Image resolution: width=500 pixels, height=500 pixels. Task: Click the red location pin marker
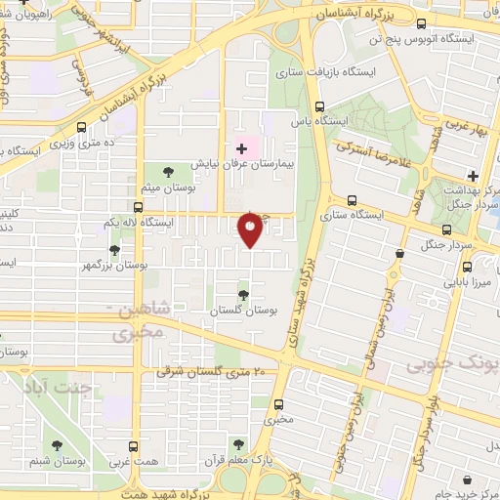250,229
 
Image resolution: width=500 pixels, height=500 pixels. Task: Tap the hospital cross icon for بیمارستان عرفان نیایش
241,148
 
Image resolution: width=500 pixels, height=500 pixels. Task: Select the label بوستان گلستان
242,310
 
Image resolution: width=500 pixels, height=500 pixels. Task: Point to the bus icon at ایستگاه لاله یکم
137,207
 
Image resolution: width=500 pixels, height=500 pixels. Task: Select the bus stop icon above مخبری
280,403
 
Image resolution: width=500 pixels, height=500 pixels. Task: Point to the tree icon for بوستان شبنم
61,441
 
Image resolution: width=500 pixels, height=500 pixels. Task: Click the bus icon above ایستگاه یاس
319,106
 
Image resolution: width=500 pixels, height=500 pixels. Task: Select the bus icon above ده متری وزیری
81,128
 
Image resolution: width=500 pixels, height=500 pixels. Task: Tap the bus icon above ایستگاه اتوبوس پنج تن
421,24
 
